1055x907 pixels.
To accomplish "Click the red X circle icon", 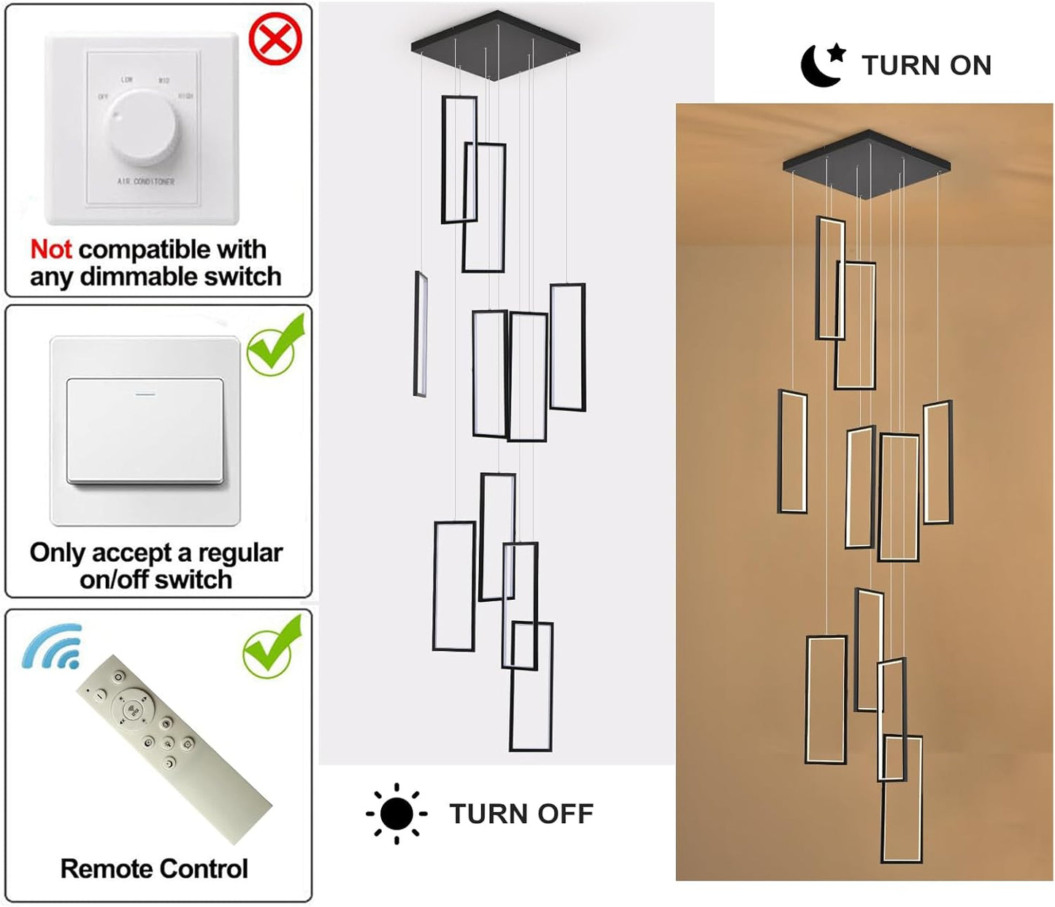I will coord(275,39).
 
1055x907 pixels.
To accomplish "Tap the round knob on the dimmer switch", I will coord(142,126).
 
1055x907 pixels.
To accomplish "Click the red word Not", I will coord(50,250).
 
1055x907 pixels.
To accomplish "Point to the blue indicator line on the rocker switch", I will coord(145,394).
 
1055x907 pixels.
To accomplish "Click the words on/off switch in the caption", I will coord(156,579).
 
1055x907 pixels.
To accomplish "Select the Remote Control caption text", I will coord(154,868).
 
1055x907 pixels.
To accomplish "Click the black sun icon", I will coord(396,814).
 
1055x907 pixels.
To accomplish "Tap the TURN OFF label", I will coord(521,814).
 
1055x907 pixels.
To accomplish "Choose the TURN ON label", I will coord(927,66).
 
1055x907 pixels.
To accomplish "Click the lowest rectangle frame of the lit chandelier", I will coord(902,799).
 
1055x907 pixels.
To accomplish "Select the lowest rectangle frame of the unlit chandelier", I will coord(531,686).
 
